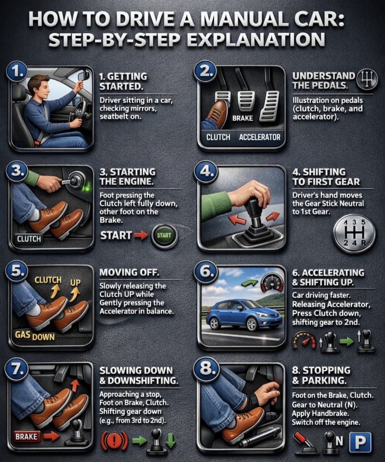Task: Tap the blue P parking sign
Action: coord(360,442)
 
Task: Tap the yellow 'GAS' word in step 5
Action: coord(23,335)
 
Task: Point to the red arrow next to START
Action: coord(141,235)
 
